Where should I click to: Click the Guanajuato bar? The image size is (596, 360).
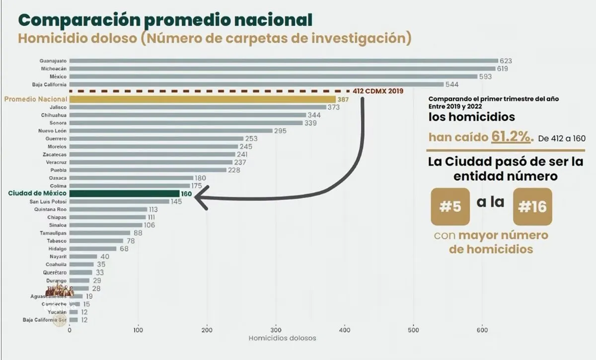283,61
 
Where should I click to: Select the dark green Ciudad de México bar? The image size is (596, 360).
124,193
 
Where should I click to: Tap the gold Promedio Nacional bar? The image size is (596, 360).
203,99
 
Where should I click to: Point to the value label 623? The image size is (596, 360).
506,61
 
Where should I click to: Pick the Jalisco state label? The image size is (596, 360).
59,107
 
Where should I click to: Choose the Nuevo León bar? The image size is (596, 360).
171,131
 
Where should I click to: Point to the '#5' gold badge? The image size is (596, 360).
450,207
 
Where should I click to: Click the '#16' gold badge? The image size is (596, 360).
532,207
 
